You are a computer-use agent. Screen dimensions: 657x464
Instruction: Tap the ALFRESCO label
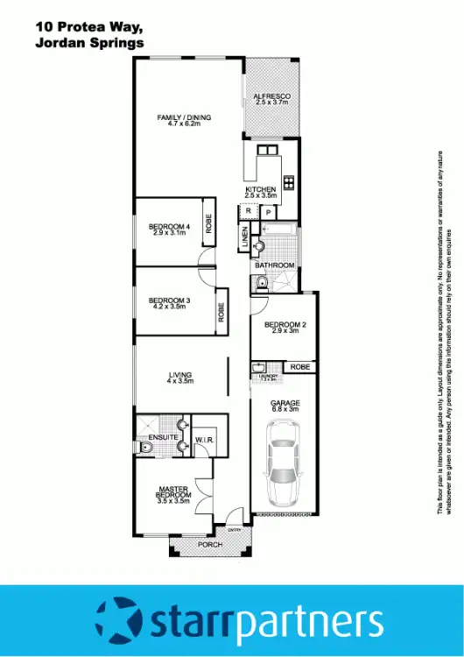[x=271, y=98]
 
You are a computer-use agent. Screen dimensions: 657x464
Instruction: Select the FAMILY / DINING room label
[x=184, y=121]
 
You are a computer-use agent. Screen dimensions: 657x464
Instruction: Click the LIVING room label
[x=180, y=378]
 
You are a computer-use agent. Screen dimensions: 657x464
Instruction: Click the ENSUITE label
[x=163, y=436]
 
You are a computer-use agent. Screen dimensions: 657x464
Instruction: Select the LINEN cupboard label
[x=244, y=237]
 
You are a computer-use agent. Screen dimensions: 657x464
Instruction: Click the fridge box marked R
[x=249, y=211]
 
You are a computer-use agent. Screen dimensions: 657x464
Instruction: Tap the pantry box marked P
[x=267, y=212]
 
